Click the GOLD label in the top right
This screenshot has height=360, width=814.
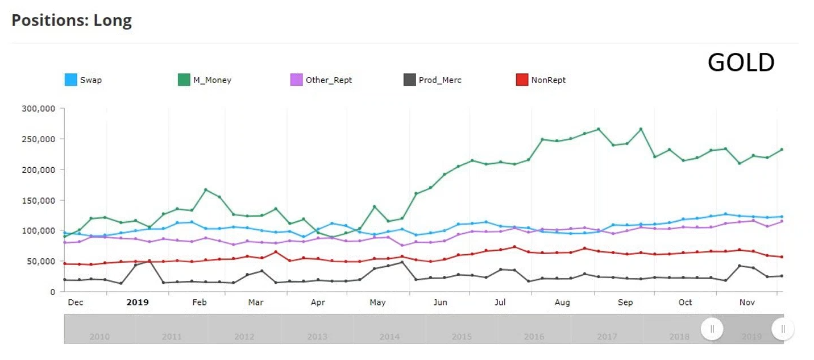[x=741, y=63]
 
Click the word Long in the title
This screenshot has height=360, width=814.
[x=114, y=21]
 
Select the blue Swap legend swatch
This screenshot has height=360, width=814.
[x=71, y=80]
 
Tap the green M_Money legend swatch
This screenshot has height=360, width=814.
[x=184, y=80]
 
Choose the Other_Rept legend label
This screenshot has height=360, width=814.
[x=329, y=80]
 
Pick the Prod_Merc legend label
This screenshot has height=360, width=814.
[x=440, y=80]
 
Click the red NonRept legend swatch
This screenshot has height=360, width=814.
[x=521, y=80]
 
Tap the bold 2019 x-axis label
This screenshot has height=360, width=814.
[x=138, y=303]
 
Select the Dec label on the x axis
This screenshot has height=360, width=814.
[x=76, y=303]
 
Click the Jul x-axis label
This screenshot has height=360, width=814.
[x=500, y=303]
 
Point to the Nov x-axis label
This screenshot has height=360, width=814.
[x=747, y=303]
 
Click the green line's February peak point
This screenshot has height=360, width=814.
[x=206, y=189]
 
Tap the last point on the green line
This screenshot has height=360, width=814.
[x=782, y=150]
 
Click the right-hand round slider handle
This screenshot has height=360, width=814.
[x=783, y=329]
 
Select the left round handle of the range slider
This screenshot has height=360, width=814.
[x=712, y=329]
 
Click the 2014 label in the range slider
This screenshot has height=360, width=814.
[x=389, y=337]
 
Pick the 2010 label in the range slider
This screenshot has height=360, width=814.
[x=99, y=337]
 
